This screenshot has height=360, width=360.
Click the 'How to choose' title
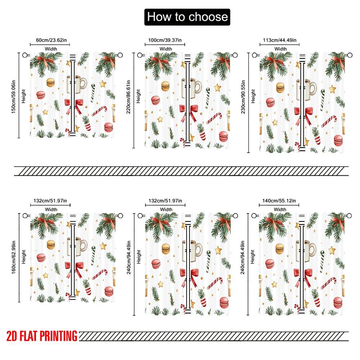pos(187,17)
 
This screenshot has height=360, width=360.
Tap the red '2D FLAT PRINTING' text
pos(42,336)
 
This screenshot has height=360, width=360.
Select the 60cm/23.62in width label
pos(50,40)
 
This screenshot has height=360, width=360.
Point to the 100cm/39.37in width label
pos(165,40)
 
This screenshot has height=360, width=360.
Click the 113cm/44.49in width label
pos(280,40)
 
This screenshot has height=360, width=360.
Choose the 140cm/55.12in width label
pos(280,201)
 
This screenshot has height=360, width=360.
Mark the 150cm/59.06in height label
pos(13,95)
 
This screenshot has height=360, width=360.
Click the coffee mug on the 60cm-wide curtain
pos(77,84)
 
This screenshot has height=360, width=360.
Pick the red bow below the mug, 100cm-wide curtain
pos(189,110)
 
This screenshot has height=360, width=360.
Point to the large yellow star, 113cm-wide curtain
pos(332,89)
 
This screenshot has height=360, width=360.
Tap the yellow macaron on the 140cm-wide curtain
pos(280,248)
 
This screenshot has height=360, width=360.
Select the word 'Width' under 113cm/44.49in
pos(280,49)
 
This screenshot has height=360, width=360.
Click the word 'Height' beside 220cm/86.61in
pos(139,96)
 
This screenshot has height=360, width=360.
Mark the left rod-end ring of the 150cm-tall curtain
pos(26,55)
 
